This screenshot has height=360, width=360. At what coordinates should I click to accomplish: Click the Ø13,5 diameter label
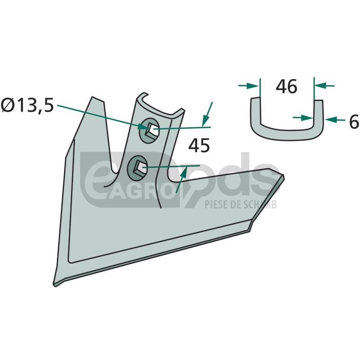(27, 105)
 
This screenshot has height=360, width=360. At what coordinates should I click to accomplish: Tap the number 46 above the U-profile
(287, 86)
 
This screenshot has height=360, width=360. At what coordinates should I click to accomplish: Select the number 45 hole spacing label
(199, 145)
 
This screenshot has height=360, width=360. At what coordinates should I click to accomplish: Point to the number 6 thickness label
(354, 121)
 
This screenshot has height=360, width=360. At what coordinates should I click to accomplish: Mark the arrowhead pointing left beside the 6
(331, 119)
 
